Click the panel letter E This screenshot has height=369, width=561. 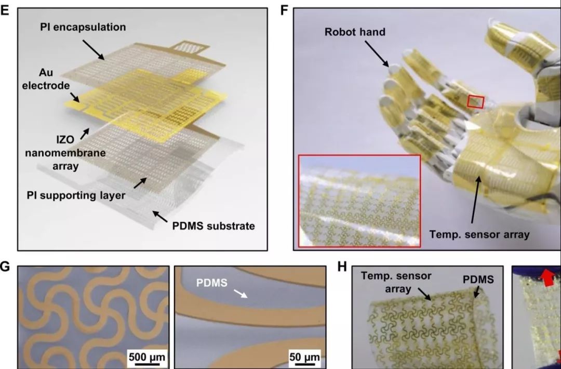coord(5,10)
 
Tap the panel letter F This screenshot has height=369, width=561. coord(285,10)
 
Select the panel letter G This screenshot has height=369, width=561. coord(5,267)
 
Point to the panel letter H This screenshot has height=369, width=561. coord(342,267)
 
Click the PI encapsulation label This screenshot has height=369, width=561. coord(83,27)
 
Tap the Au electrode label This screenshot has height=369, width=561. coord(46,79)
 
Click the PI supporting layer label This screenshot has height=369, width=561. coord(76,195)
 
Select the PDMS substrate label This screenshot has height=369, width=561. coord(213,226)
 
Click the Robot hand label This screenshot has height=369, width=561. coord(355,32)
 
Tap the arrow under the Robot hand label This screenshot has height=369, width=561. coord(377,54)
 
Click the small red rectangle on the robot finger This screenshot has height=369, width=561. coord(475,102)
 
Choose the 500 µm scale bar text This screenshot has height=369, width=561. coord(147,357)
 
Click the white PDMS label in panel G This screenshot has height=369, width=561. coord(212,283)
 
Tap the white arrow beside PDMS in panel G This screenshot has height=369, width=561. coord(241,294)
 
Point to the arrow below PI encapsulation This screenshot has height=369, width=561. coord(94,49)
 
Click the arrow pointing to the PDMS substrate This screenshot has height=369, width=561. coord(161,217)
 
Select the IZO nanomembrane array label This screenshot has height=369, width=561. coord(65,153)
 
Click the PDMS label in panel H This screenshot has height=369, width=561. coord(478,280)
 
